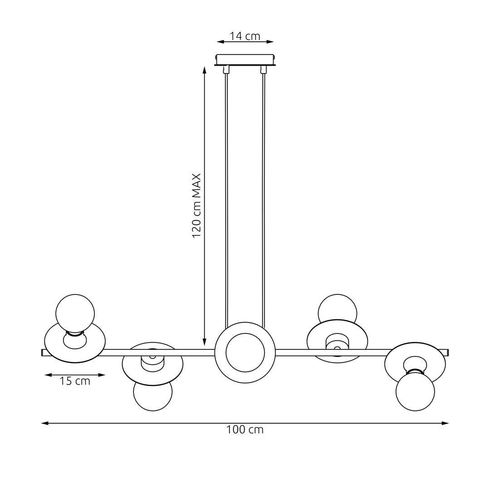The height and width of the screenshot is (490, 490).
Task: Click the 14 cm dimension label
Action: [245, 36]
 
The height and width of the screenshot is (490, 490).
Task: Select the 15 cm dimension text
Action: [75, 381]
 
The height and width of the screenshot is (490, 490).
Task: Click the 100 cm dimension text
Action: [245, 430]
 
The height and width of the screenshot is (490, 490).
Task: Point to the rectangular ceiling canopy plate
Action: [245, 60]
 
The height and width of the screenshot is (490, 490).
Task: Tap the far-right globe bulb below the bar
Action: [415, 392]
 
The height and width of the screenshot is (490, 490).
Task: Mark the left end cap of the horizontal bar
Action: [43, 353]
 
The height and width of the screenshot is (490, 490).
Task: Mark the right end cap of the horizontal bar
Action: [447, 353]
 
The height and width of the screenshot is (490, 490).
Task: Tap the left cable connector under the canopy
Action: [226, 69]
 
